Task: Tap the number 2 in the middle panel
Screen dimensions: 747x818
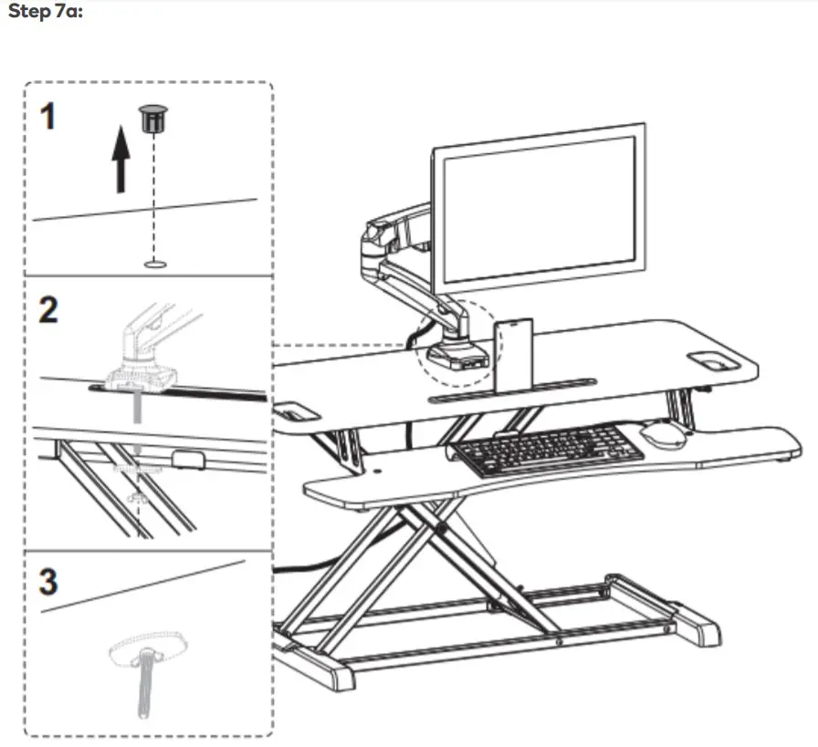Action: [x=48, y=310]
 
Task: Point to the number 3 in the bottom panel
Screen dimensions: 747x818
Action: [x=48, y=582]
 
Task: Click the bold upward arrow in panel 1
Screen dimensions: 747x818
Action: [x=120, y=163]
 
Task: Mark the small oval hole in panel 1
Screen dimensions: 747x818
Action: [x=155, y=265]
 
